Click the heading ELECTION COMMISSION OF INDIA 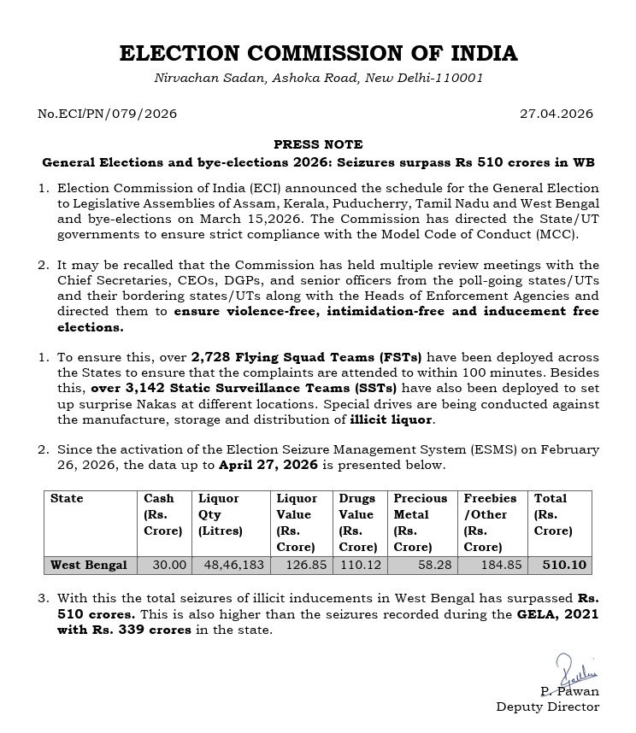(318, 53)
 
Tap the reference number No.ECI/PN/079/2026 (107, 113)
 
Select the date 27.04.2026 (556, 113)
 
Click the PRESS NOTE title (318, 144)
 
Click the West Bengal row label (89, 565)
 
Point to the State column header (68, 498)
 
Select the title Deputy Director (547, 707)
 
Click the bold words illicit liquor (392, 419)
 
